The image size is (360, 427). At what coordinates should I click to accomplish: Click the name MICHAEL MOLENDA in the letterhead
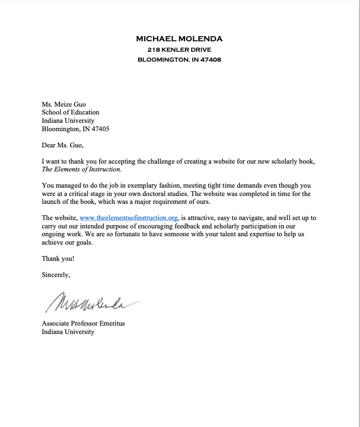click(x=179, y=39)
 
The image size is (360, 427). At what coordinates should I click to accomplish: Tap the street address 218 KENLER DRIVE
click(x=179, y=49)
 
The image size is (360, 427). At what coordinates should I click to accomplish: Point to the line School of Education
click(x=71, y=112)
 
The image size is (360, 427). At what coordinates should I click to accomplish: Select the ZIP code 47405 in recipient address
click(x=100, y=129)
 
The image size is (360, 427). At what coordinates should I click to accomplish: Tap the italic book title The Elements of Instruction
click(x=81, y=169)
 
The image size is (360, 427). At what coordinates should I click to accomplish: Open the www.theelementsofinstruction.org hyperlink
click(x=129, y=218)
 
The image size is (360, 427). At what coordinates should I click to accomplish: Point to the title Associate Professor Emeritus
click(x=83, y=324)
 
